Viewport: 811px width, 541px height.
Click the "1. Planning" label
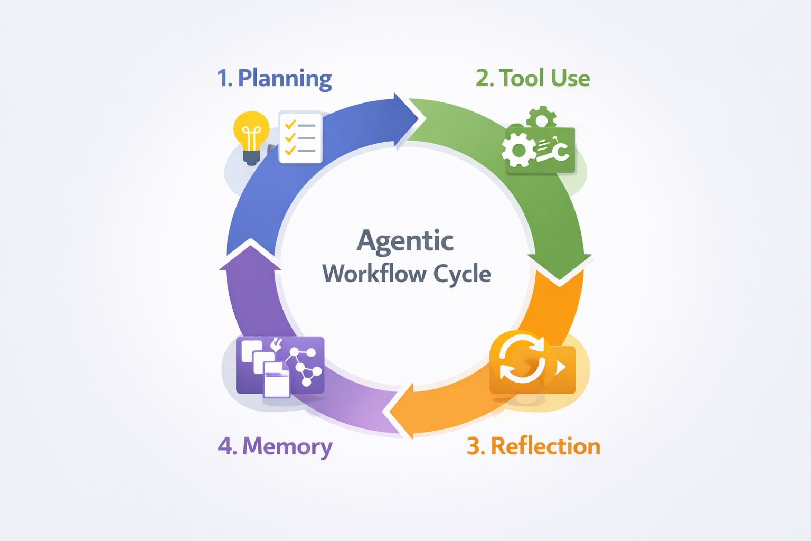(274, 78)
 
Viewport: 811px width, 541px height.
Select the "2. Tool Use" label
(532, 78)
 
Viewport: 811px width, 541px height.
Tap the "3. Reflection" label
(533, 446)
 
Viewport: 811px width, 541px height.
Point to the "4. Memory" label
(275, 446)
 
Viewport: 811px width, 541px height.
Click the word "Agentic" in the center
(405, 241)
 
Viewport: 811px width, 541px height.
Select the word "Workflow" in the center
(374, 274)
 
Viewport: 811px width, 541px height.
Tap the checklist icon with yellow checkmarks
(300, 137)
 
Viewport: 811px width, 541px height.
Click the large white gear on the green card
(518, 150)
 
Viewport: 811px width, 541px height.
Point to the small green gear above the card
(541, 118)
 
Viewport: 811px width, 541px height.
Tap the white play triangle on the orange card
(561, 366)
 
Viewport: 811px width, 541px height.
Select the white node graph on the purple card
(304, 365)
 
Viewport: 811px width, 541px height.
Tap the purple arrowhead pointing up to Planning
(250, 256)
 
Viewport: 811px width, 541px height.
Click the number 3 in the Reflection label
(474, 446)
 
